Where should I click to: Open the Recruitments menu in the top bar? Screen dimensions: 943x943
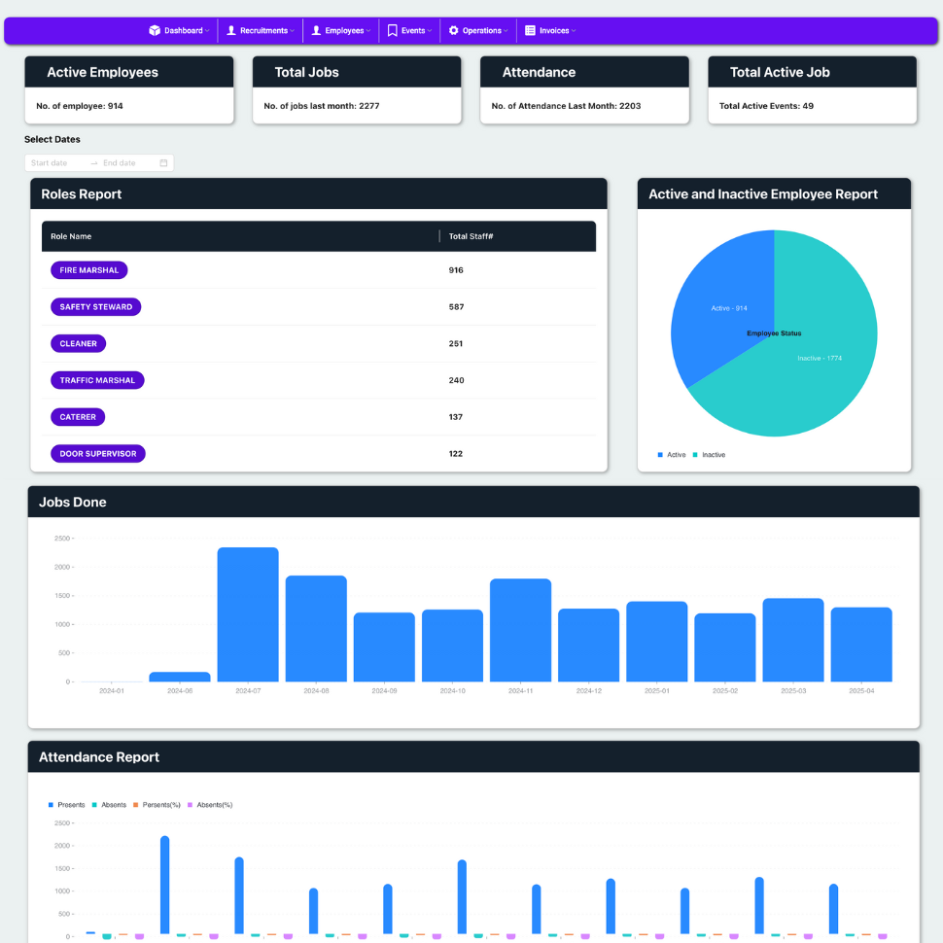pyautogui.click(x=260, y=31)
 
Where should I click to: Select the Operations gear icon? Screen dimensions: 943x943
pyautogui.click(x=453, y=31)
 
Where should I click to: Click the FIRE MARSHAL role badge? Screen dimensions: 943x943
pyautogui.click(x=88, y=270)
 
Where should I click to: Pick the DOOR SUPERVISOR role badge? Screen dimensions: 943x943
pyautogui.click(x=97, y=454)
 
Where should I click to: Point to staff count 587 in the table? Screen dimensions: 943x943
pyautogui.click(x=456, y=307)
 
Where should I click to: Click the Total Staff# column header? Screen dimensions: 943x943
pyautogui.click(x=471, y=236)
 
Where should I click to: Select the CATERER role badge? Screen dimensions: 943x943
pyautogui.click(x=78, y=417)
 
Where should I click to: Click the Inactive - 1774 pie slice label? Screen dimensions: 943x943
pyautogui.click(x=820, y=359)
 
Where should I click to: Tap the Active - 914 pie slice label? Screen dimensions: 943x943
pyautogui.click(x=729, y=308)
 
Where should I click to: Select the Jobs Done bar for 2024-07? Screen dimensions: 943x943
pyautogui.click(x=248, y=613)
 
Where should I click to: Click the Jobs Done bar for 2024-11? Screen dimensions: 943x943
pyautogui.click(x=520, y=629)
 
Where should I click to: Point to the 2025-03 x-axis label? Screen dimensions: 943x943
pyautogui.click(x=792, y=691)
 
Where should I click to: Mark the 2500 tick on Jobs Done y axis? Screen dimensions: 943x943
pyautogui.click(x=62, y=539)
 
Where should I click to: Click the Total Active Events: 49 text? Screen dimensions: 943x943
pyautogui.click(x=766, y=106)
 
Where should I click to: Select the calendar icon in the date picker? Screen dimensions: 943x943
pyautogui.click(x=163, y=163)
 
